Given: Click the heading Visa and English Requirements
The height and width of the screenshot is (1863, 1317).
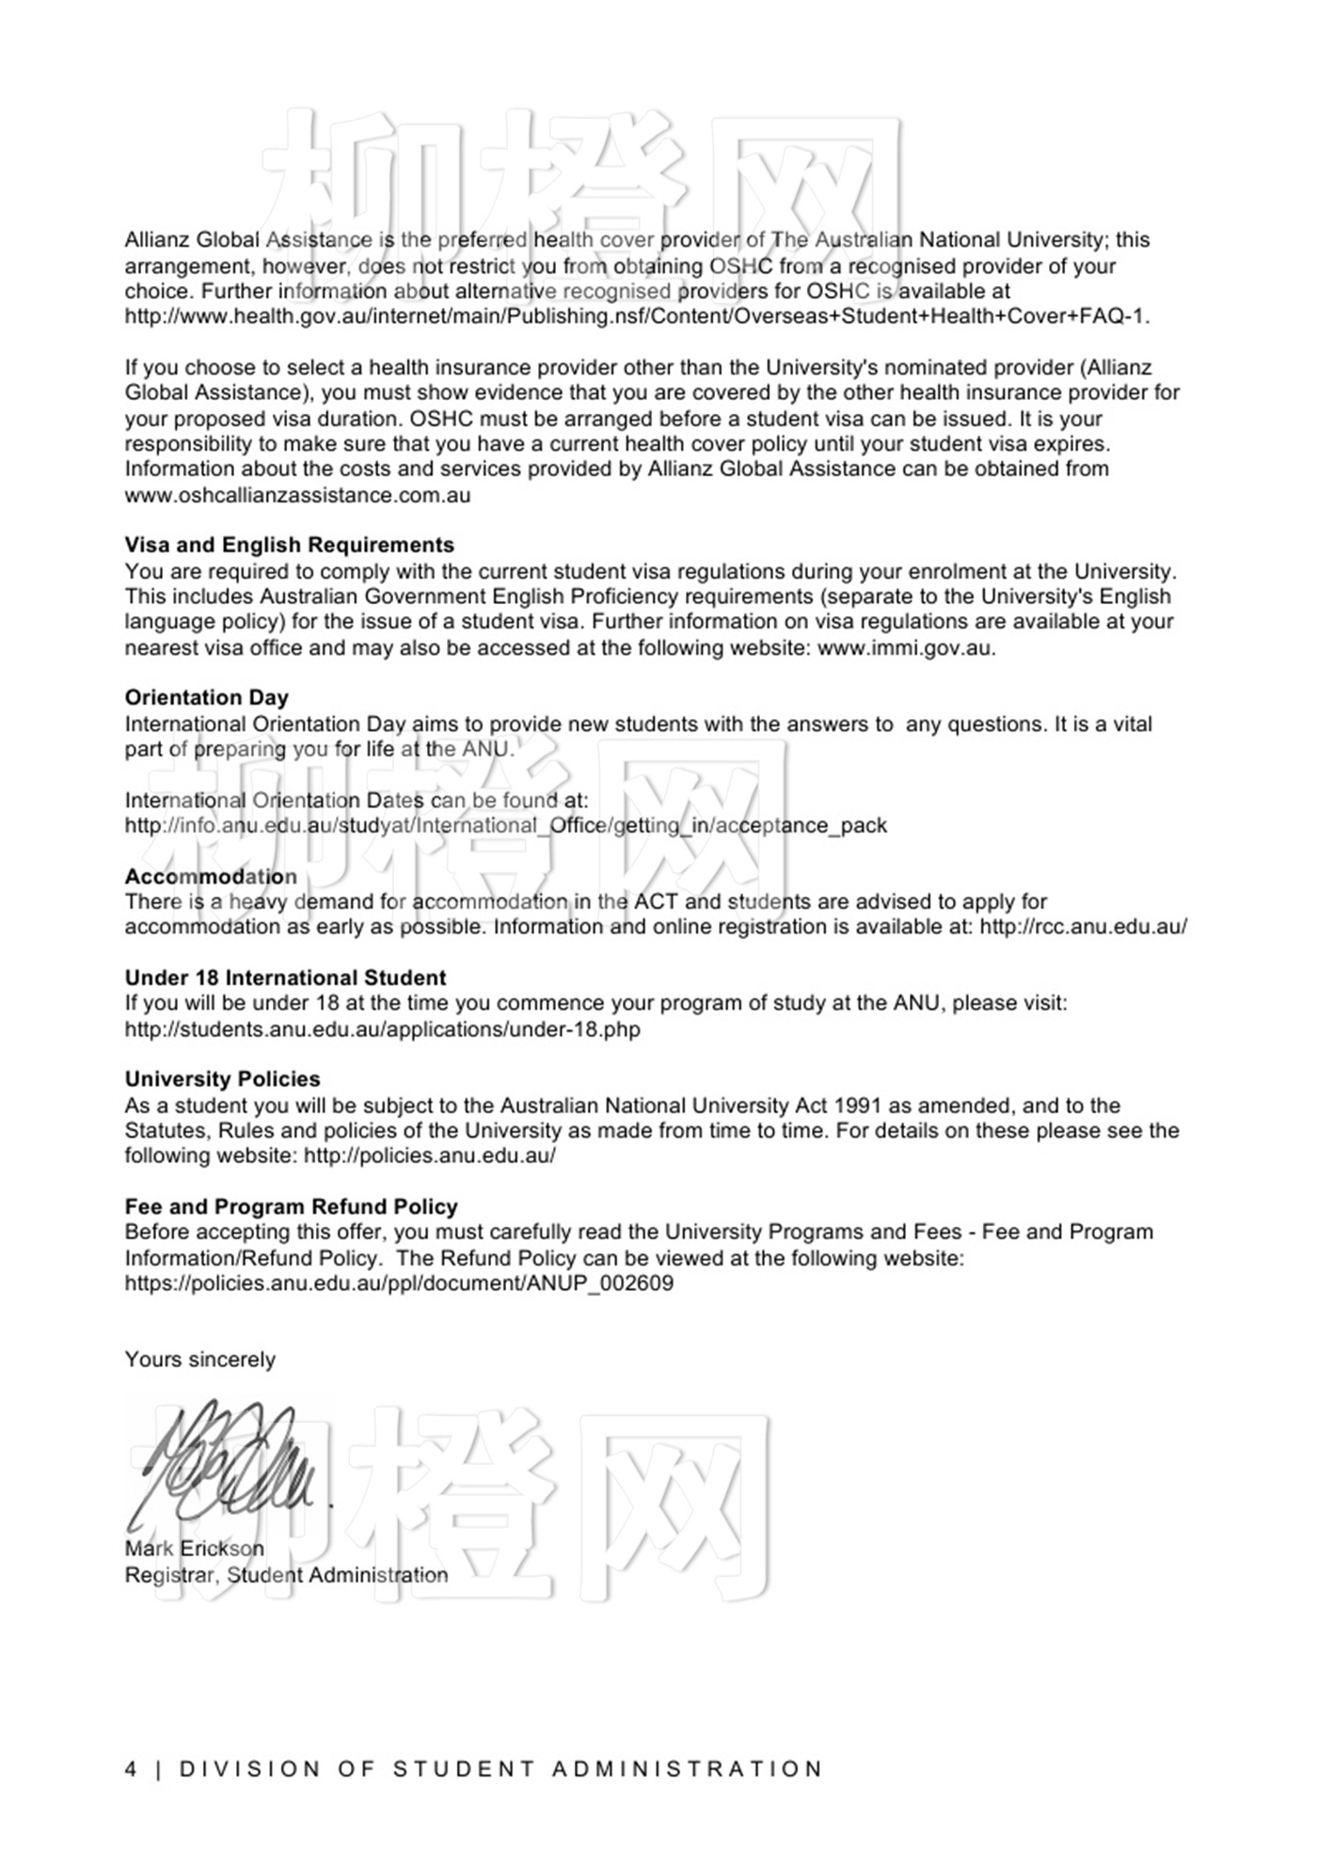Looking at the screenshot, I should click(289, 545).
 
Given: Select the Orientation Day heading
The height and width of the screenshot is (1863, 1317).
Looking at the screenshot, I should click(206, 697).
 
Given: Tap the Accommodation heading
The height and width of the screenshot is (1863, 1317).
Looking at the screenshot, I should click(211, 876).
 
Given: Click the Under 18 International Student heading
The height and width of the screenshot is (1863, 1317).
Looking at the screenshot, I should click(285, 978).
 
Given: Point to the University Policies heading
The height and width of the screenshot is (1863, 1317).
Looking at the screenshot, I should click(222, 1079).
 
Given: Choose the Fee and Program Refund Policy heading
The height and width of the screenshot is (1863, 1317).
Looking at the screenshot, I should click(291, 1206).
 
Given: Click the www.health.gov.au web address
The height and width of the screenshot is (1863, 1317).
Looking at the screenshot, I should click(637, 316).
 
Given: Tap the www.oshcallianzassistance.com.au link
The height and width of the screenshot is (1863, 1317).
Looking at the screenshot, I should click(297, 495).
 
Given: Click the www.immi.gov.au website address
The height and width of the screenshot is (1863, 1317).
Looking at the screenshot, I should click(905, 647).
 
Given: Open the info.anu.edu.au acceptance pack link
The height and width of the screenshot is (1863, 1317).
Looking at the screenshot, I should click(505, 825).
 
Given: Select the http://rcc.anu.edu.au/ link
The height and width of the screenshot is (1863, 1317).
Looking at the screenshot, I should click(1083, 927).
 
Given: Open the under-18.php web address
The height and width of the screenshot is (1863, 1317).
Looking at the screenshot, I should click(382, 1028).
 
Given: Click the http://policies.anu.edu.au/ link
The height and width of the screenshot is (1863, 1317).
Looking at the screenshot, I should click(429, 1155).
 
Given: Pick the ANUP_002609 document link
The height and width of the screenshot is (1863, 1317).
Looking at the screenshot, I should click(399, 1283).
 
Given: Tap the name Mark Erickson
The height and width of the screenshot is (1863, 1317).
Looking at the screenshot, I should click(194, 1548).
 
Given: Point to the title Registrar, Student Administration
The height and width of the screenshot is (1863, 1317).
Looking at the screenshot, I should click(286, 1574).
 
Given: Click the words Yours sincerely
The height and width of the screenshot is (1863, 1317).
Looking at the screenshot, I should click(199, 1360).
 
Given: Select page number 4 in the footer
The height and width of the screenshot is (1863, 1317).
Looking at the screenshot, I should click(131, 1769).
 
